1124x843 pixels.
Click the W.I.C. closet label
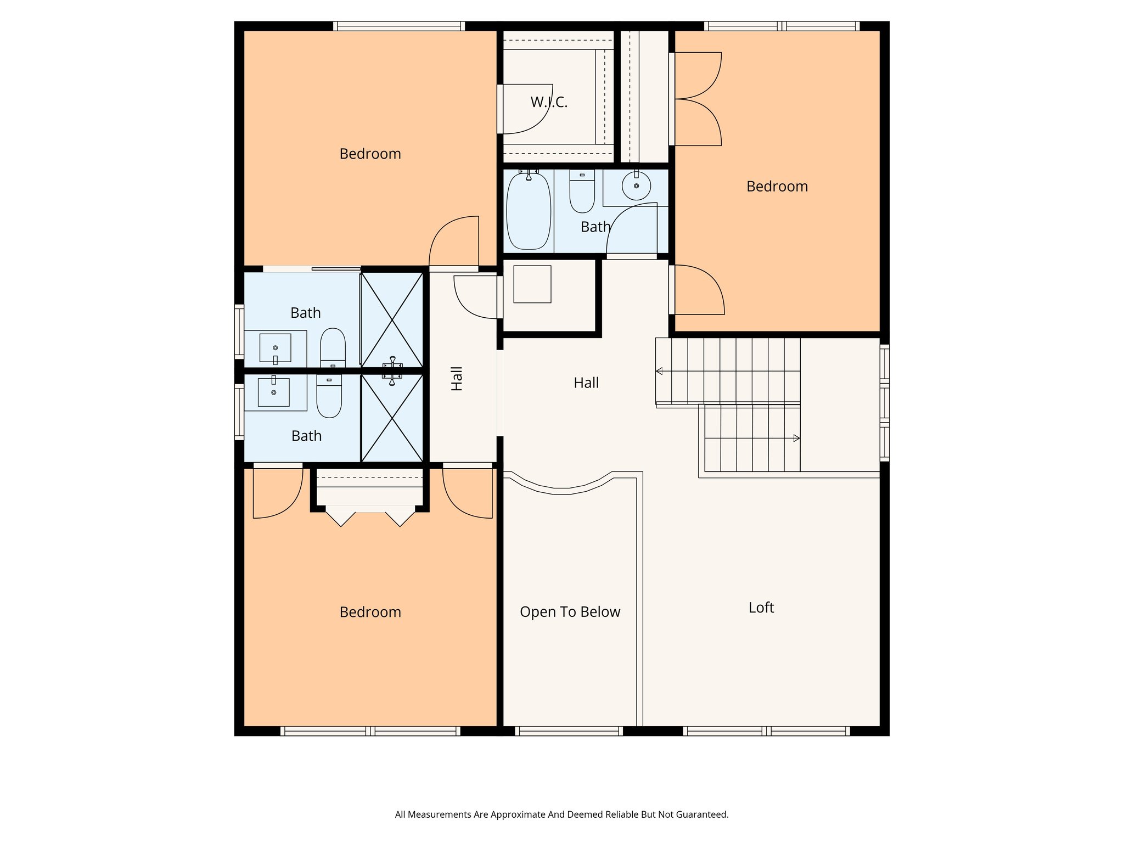click(549, 102)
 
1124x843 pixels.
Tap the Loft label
click(761, 608)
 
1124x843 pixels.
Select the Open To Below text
click(570, 612)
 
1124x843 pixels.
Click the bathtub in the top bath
click(528, 211)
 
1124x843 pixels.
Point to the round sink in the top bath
click(636, 186)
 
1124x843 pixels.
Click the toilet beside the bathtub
click(582, 192)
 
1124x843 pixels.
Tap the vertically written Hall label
click(457, 379)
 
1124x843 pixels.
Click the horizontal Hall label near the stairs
click(586, 383)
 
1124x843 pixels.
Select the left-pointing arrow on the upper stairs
click(659, 372)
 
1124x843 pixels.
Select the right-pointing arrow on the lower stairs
click(796, 438)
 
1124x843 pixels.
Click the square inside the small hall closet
click(532, 284)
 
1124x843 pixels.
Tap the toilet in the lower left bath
click(329, 396)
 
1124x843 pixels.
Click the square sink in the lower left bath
click(273, 392)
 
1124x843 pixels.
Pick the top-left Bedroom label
click(370, 154)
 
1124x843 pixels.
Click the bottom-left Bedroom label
click(370, 612)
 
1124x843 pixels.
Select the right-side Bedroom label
click(777, 187)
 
